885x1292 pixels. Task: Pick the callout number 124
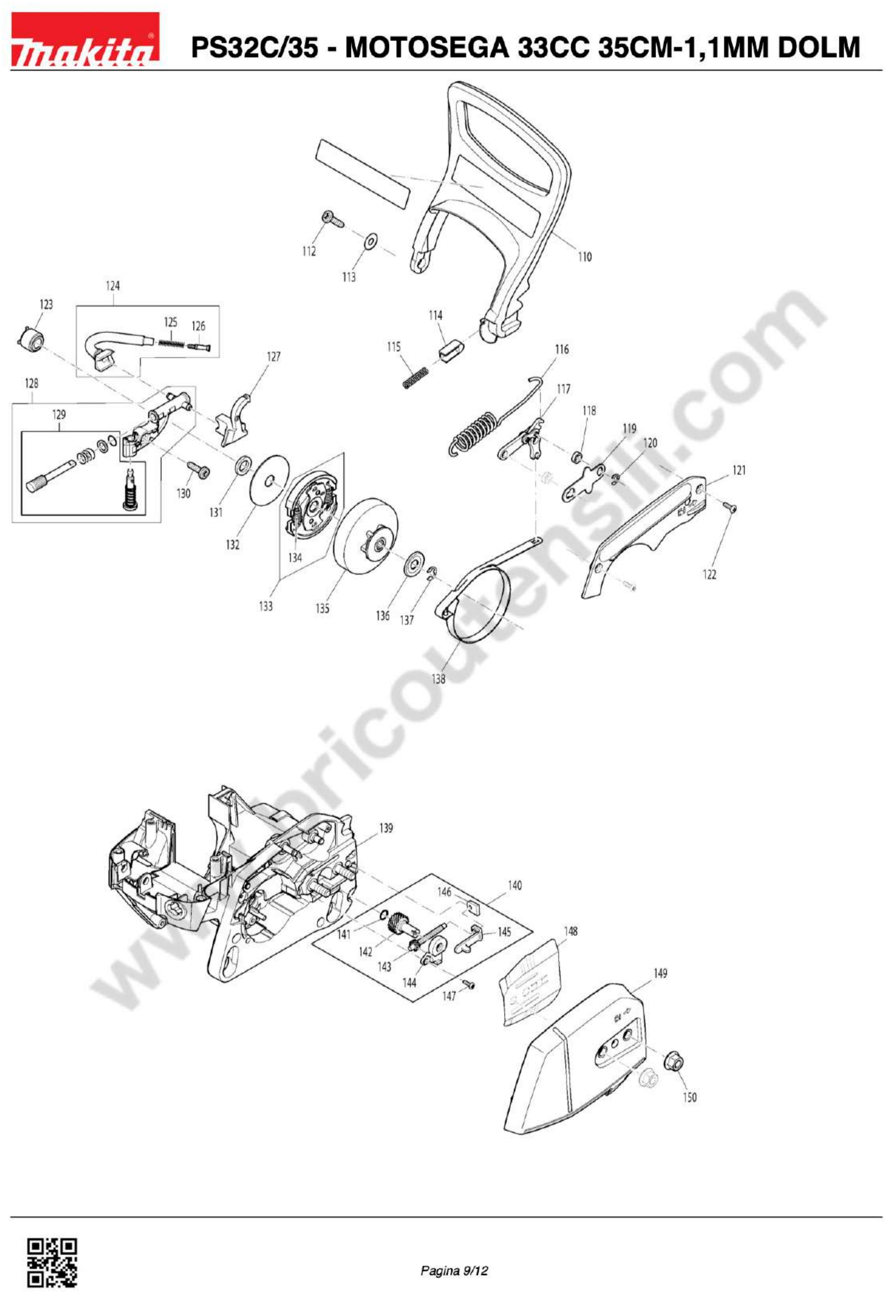pyautogui.click(x=112, y=286)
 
